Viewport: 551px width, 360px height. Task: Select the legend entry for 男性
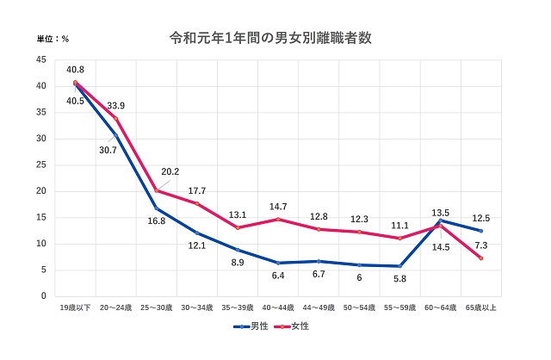pos(254,326)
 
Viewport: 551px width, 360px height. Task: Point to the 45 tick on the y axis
pos(41,59)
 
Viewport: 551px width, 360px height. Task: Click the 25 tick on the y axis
pos(41,164)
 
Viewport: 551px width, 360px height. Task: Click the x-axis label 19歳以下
pos(75,307)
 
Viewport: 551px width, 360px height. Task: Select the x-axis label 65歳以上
pos(480,307)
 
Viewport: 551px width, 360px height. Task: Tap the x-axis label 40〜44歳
pos(278,307)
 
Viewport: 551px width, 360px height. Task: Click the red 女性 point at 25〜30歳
pos(156,190)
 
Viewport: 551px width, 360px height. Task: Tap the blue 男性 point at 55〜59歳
pos(399,265)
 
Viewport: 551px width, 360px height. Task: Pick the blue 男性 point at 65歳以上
pos(480,231)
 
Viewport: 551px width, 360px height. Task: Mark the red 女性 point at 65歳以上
pos(480,258)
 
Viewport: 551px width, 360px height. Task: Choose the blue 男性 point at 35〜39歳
pos(237,250)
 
